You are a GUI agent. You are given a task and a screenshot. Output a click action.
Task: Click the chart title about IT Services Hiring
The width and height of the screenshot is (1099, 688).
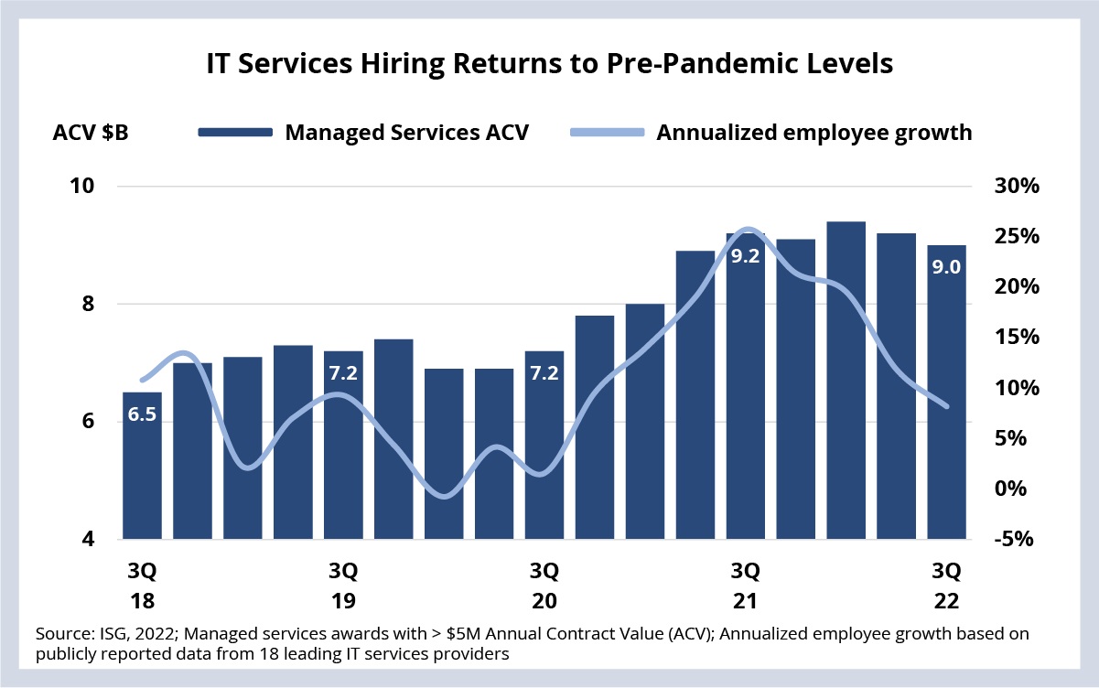(549, 64)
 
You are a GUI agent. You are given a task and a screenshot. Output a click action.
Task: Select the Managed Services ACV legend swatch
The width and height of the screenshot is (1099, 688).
(235, 133)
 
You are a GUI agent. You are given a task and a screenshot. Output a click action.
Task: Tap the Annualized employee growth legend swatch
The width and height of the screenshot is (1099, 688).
(608, 133)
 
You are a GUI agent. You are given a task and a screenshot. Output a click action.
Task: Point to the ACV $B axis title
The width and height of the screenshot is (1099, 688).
(91, 133)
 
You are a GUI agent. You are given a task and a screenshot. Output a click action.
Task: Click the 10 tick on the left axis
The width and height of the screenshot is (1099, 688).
(82, 186)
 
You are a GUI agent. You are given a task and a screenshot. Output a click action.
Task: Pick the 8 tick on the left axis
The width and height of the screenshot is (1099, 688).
(88, 304)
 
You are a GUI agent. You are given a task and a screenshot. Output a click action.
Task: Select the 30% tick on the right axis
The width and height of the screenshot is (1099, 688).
(1017, 186)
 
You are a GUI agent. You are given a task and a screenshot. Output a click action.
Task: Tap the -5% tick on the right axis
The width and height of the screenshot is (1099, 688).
(1014, 539)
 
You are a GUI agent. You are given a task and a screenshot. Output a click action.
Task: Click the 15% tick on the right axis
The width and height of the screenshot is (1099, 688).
(1017, 337)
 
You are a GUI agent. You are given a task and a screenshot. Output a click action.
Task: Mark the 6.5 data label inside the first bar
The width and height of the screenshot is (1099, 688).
(142, 414)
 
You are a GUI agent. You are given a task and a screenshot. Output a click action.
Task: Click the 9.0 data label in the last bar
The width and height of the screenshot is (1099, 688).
(946, 267)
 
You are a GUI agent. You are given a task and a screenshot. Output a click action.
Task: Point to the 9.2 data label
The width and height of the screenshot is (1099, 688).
(745, 256)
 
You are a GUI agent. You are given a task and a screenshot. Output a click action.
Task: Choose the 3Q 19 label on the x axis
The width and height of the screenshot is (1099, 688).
(343, 586)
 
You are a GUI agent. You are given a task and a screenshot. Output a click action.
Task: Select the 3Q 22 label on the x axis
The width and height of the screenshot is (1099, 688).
(946, 586)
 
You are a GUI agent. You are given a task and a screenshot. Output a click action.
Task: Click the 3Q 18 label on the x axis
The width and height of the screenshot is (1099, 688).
(142, 586)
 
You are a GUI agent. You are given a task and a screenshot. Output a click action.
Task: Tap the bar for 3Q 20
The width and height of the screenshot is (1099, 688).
(544, 446)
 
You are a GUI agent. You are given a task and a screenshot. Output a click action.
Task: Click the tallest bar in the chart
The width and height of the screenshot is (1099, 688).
(846, 381)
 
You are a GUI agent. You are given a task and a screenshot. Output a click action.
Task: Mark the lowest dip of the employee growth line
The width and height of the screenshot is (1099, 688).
(445, 496)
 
